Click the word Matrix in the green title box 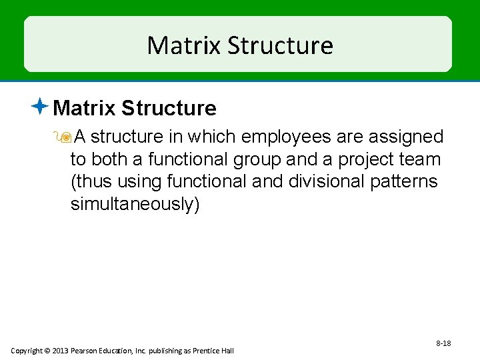183,45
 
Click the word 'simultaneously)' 135,205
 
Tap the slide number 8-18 443,343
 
